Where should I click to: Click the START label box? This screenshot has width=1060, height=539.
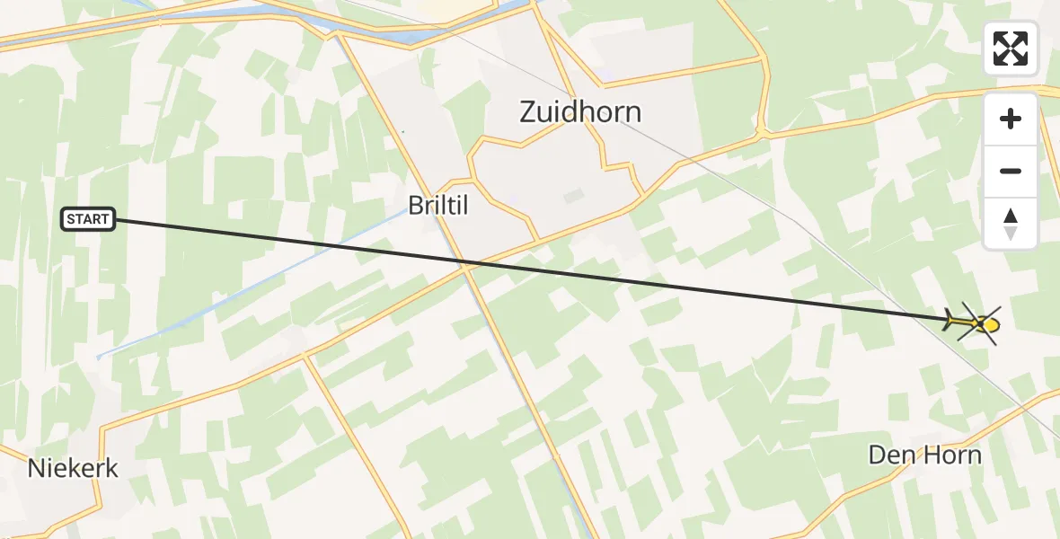tap(88, 219)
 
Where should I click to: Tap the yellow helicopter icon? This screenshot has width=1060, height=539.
tap(976, 322)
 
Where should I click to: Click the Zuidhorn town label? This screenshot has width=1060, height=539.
tap(580, 112)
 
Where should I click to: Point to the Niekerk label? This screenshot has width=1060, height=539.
tap(73, 468)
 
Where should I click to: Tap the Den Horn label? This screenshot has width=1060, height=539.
tap(924, 455)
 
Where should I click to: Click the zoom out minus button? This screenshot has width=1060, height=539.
tap(1011, 171)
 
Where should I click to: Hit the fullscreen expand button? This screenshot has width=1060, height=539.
tap(1011, 48)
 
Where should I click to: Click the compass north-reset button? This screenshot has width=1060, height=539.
tap(1011, 223)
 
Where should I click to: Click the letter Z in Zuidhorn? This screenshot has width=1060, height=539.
tap(528, 112)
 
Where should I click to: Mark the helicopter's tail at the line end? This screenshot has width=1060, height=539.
tap(950, 319)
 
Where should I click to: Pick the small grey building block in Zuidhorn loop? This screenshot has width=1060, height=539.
tap(572, 196)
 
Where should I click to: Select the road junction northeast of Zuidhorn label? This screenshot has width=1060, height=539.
tap(762, 134)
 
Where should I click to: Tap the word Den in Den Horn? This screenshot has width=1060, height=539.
tap(889, 455)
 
